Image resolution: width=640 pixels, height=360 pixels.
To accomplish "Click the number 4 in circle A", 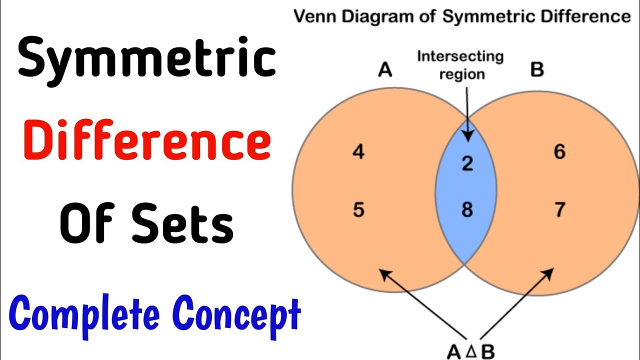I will point(358,151).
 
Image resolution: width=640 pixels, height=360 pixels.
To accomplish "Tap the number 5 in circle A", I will point(358,209).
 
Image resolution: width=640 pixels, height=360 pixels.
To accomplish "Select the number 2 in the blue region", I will point(467,163).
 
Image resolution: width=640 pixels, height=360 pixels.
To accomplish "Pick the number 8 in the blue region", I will point(467,209).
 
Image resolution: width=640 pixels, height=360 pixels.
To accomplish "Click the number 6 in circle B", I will point(559,151).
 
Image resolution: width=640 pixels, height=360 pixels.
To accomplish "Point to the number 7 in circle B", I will point(559,209).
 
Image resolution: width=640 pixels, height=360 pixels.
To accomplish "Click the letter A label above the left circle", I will point(384,70).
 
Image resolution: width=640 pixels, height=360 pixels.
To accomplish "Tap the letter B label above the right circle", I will point(536,70).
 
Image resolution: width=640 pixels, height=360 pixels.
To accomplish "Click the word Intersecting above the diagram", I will point(460,56).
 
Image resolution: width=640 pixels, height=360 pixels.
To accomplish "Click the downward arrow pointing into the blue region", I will point(467,115).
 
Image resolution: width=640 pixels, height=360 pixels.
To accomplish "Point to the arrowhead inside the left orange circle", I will point(383,274).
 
